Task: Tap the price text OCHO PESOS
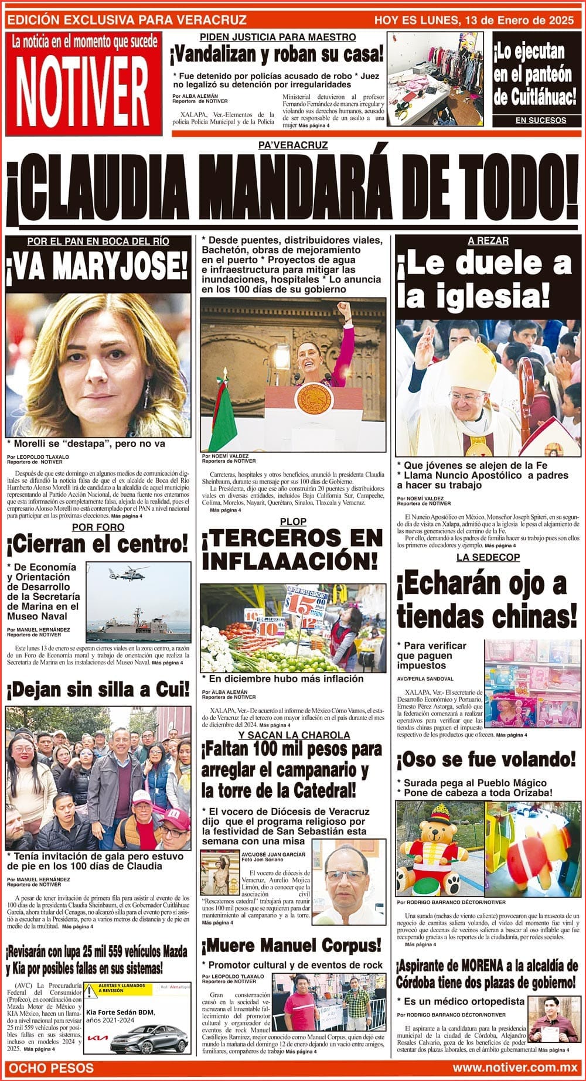pyautogui.click(x=52, y=1068)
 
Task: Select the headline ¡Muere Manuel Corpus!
pyautogui.click(x=292, y=945)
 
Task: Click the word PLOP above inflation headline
pyautogui.click(x=293, y=521)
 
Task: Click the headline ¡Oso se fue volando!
pyautogui.click(x=486, y=760)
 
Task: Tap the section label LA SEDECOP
pyautogui.click(x=488, y=557)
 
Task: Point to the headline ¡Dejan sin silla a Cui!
pyautogui.click(x=98, y=690)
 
